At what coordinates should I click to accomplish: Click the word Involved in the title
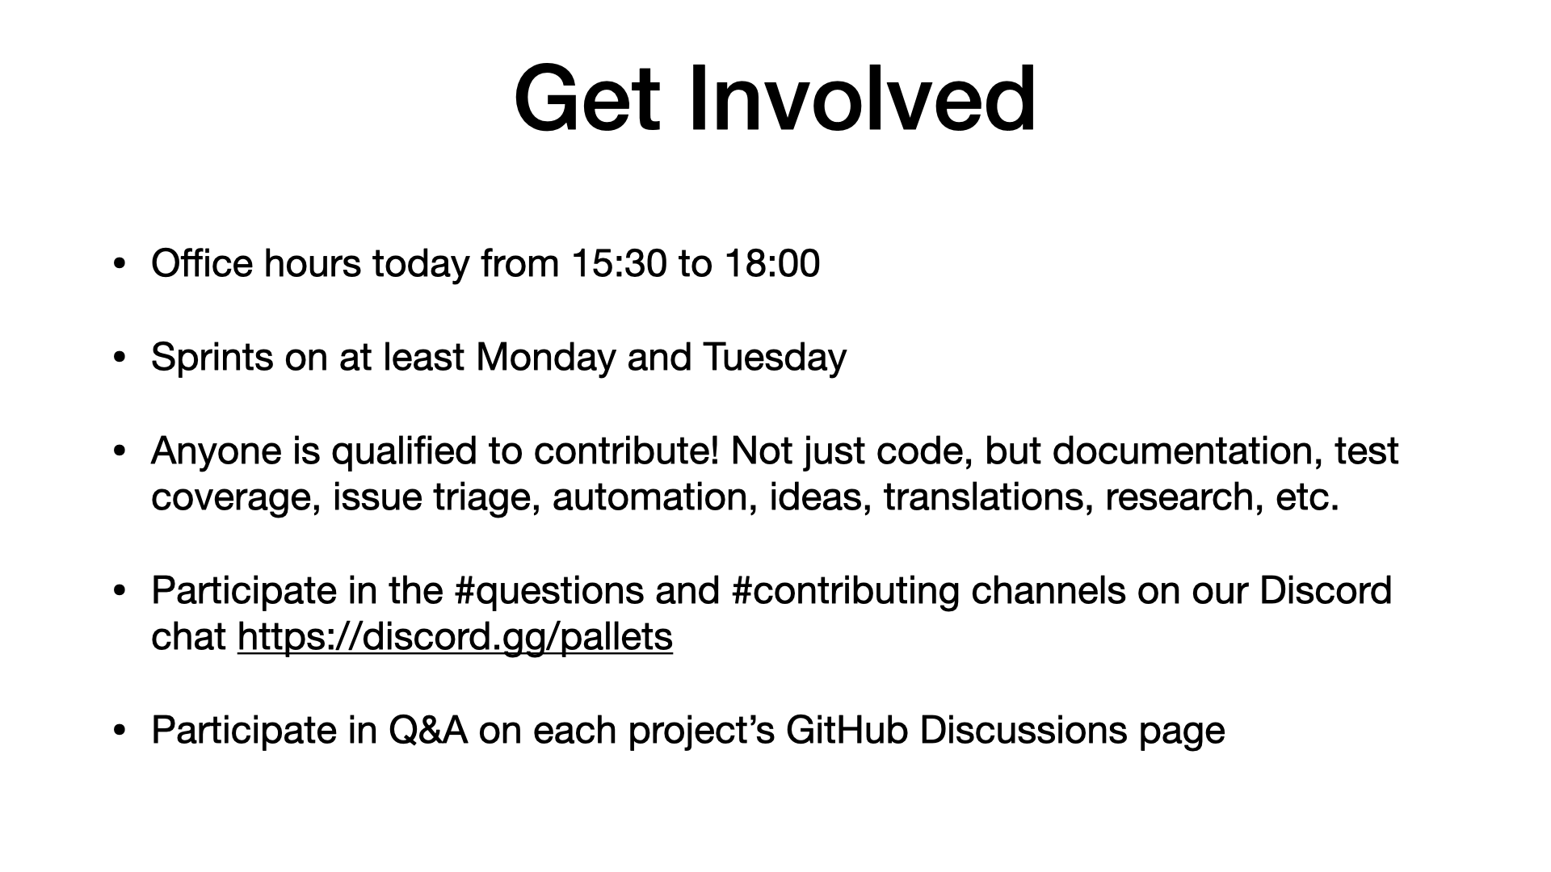point(862,99)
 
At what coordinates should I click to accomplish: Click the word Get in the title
point(587,99)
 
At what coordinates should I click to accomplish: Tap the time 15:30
point(620,264)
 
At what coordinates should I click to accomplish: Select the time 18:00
point(772,264)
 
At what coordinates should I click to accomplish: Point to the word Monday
point(546,358)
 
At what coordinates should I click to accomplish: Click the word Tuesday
point(775,358)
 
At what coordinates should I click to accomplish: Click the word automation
point(655,497)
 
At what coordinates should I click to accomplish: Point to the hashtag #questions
point(549,591)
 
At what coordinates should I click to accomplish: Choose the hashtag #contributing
point(845,591)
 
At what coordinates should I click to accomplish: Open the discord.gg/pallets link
point(455,637)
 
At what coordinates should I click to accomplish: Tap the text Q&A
point(428,731)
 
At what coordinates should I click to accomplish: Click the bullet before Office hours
point(120,264)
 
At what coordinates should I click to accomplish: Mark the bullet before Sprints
point(120,358)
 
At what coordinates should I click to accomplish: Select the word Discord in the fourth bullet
point(1326,591)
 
